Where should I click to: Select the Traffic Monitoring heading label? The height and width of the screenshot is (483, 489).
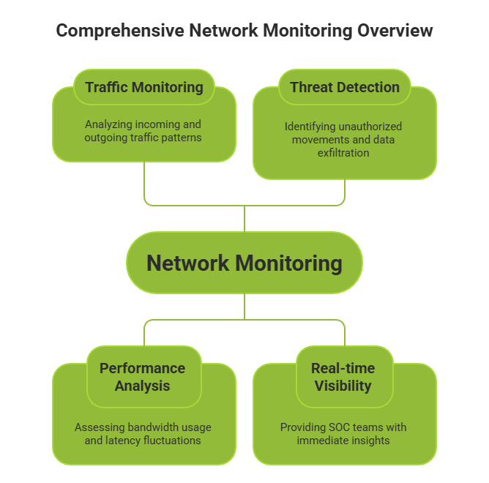coord(144,87)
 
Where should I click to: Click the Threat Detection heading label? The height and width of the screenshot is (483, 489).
coord(345,87)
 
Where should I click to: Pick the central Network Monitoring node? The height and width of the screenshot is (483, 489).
coord(244,263)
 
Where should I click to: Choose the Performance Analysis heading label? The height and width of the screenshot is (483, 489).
coord(143,377)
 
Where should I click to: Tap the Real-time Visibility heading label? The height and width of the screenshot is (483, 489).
coord(343,377)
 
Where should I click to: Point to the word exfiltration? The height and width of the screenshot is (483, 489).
coord(343,153)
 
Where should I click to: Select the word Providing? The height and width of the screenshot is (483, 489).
coord(303,427)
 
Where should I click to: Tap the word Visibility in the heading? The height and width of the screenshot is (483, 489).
coord(343,386)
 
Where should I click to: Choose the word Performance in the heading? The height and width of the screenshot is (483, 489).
coord(143,368)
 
